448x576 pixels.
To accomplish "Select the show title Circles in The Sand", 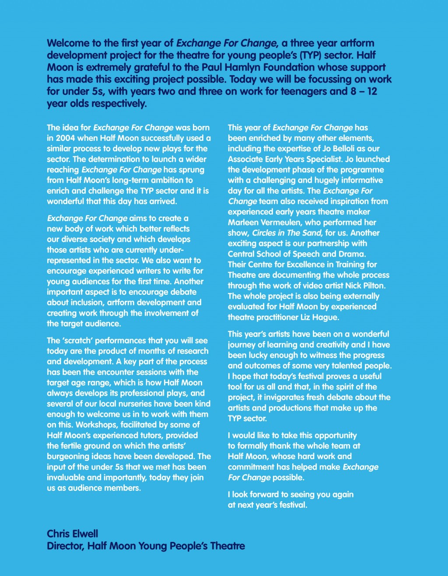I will tap(287, 233).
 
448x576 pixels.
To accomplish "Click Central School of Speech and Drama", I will tap(296, 254).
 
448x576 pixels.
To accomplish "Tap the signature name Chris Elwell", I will tap(73, 534).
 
